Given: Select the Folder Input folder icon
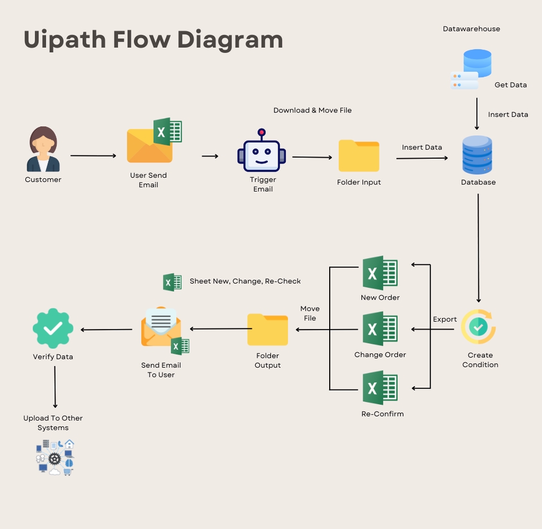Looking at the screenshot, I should pos(359,156).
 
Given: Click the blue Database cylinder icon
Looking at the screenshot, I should pos(477,155).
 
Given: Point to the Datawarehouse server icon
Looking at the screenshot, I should pos(471,69).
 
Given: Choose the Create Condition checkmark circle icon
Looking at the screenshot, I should pos(478,327).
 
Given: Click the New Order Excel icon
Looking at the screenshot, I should pos(380,273).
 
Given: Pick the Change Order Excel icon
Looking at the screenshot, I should pos(380,330).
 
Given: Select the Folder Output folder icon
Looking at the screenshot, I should pos(268,330).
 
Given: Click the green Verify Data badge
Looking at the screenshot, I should pos(53,328).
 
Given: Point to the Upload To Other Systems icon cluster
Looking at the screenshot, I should pos(55,457).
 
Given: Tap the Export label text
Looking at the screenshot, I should pos(445,320).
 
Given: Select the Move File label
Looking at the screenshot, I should pos(310,313).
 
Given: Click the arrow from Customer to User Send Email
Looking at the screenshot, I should pos(93,155).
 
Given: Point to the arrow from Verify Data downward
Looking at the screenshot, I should pos(55,387).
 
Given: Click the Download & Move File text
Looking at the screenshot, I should pos(312,110).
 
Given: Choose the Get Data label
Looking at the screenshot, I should pos(510,85).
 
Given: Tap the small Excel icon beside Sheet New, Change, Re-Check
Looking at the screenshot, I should pos(172,282).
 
